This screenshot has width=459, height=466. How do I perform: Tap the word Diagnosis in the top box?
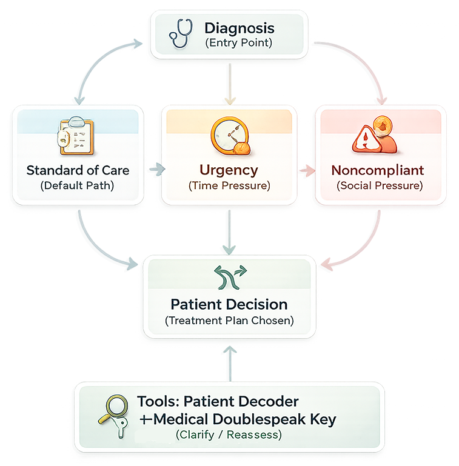point(239,28)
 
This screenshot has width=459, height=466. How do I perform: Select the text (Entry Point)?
point(238,43)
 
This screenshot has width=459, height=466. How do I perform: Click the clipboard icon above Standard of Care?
point(75,137)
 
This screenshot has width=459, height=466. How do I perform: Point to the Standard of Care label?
point(78,170)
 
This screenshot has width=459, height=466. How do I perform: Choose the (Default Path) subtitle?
point(78,185)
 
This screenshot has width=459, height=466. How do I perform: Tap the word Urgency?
point(229,170)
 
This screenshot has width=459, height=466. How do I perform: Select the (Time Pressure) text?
point(229,185)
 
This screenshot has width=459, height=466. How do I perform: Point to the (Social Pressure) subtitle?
point(380,185)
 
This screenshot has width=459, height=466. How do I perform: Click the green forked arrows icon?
point(229,277)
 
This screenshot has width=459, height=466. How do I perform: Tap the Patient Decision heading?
point(229,304)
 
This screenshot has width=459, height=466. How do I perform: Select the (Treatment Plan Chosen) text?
point(229,321)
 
